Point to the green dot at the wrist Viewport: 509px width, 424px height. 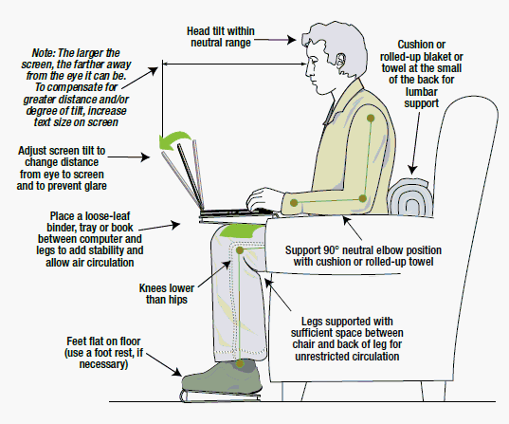pyautogui.click(x=295, y=202)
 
